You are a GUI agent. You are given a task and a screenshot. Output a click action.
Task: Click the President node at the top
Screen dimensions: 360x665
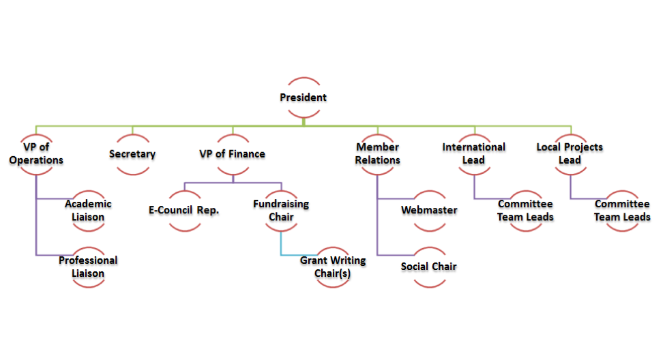point(303,97)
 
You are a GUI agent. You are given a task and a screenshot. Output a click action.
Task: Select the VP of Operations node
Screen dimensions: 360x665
point(36,153)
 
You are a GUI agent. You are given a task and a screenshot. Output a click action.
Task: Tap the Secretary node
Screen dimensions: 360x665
point(132,154)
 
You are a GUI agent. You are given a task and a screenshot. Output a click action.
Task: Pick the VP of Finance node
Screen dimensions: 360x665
point(232,154)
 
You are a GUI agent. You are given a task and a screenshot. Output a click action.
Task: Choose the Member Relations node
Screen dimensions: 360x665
point(377,153)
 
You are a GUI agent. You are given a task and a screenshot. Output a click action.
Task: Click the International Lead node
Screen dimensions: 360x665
point(473,153)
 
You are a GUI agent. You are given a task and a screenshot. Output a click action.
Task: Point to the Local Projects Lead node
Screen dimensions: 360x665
point(570,153)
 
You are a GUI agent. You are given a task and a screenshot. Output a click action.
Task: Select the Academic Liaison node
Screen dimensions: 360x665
point(88,210)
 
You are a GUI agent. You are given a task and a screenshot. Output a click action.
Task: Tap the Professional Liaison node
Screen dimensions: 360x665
point(88,267)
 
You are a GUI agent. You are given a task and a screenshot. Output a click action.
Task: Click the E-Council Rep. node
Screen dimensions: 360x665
point(183,210)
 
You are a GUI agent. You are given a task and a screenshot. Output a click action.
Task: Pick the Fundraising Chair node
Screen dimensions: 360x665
point(280,210)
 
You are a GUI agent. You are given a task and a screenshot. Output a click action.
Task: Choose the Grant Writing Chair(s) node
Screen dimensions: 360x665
point(333,267)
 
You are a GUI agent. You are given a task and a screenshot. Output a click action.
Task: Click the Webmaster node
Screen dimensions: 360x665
point(429,210)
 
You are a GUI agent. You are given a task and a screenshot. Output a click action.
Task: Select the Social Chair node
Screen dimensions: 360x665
point(429,266)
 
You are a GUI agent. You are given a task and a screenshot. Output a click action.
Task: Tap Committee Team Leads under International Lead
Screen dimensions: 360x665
point(525,210)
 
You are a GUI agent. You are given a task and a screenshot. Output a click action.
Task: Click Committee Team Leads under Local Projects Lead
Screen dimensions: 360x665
point(621,210)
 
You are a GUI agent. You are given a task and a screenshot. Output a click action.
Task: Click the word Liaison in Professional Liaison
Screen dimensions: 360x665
point(88,273)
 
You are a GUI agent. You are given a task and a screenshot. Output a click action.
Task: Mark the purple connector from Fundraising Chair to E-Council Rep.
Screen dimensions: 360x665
point(232,183)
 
